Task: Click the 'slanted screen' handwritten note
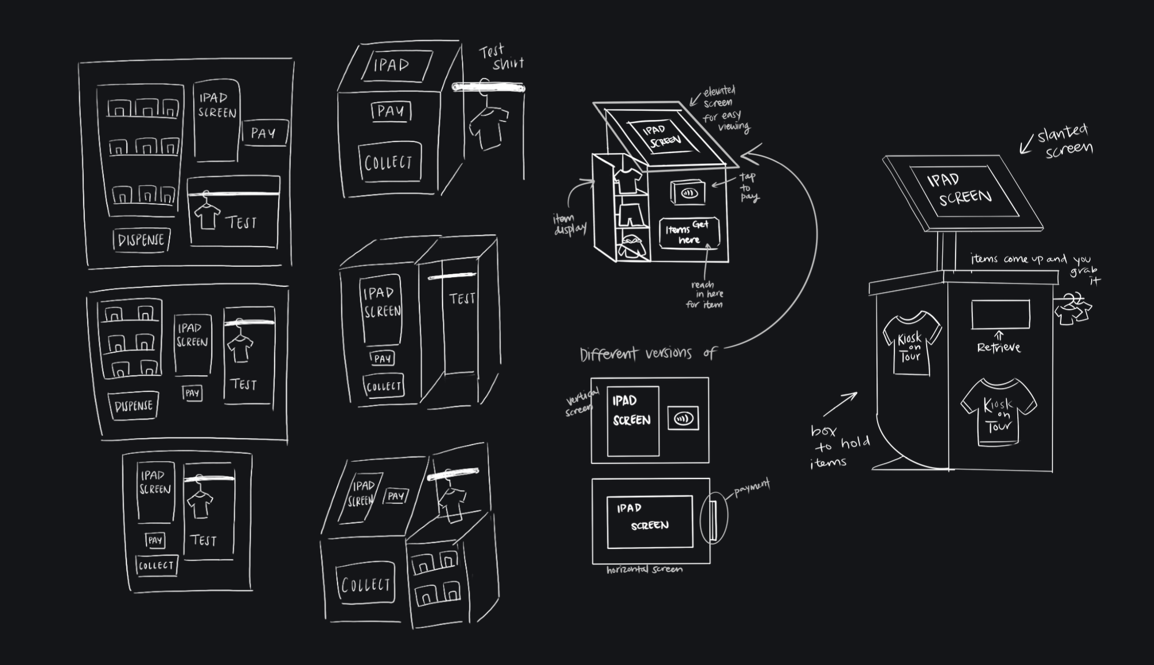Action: pos(1065,140)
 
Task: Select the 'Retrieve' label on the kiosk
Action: pos(999,348)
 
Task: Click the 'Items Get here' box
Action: pos(690,233)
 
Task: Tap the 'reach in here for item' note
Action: pos(705,294)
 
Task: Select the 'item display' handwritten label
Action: pos(569,224)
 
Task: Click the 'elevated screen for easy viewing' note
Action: pos(725,109)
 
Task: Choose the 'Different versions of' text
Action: pos(647,353)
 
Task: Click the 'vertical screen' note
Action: pos(582,402)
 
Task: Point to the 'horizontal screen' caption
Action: pos(644,570)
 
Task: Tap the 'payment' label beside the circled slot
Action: pos(751,488)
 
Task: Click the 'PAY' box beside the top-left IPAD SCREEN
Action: pos(264,133)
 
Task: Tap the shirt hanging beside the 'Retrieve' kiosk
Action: pos(1073,309)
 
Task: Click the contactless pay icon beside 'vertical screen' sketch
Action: pos(683,419)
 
